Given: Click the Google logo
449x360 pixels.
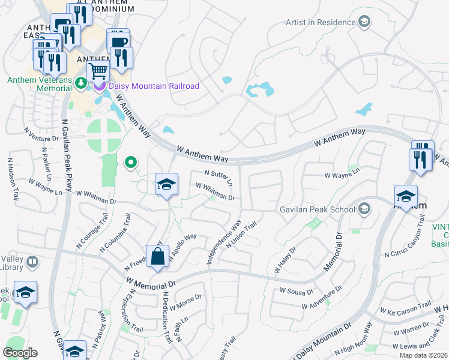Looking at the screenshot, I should [20, 353].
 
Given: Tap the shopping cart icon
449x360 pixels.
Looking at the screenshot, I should [98, 71].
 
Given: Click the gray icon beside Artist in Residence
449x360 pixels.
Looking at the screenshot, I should [364, 23].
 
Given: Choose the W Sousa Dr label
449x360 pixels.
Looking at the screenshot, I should [297, 291].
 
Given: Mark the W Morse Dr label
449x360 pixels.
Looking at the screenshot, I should [185, 302].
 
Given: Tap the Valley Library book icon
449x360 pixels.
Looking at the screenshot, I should [32, 262].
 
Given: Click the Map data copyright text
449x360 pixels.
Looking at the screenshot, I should [424, 355].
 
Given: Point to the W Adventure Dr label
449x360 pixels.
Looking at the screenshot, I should [322, 298].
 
